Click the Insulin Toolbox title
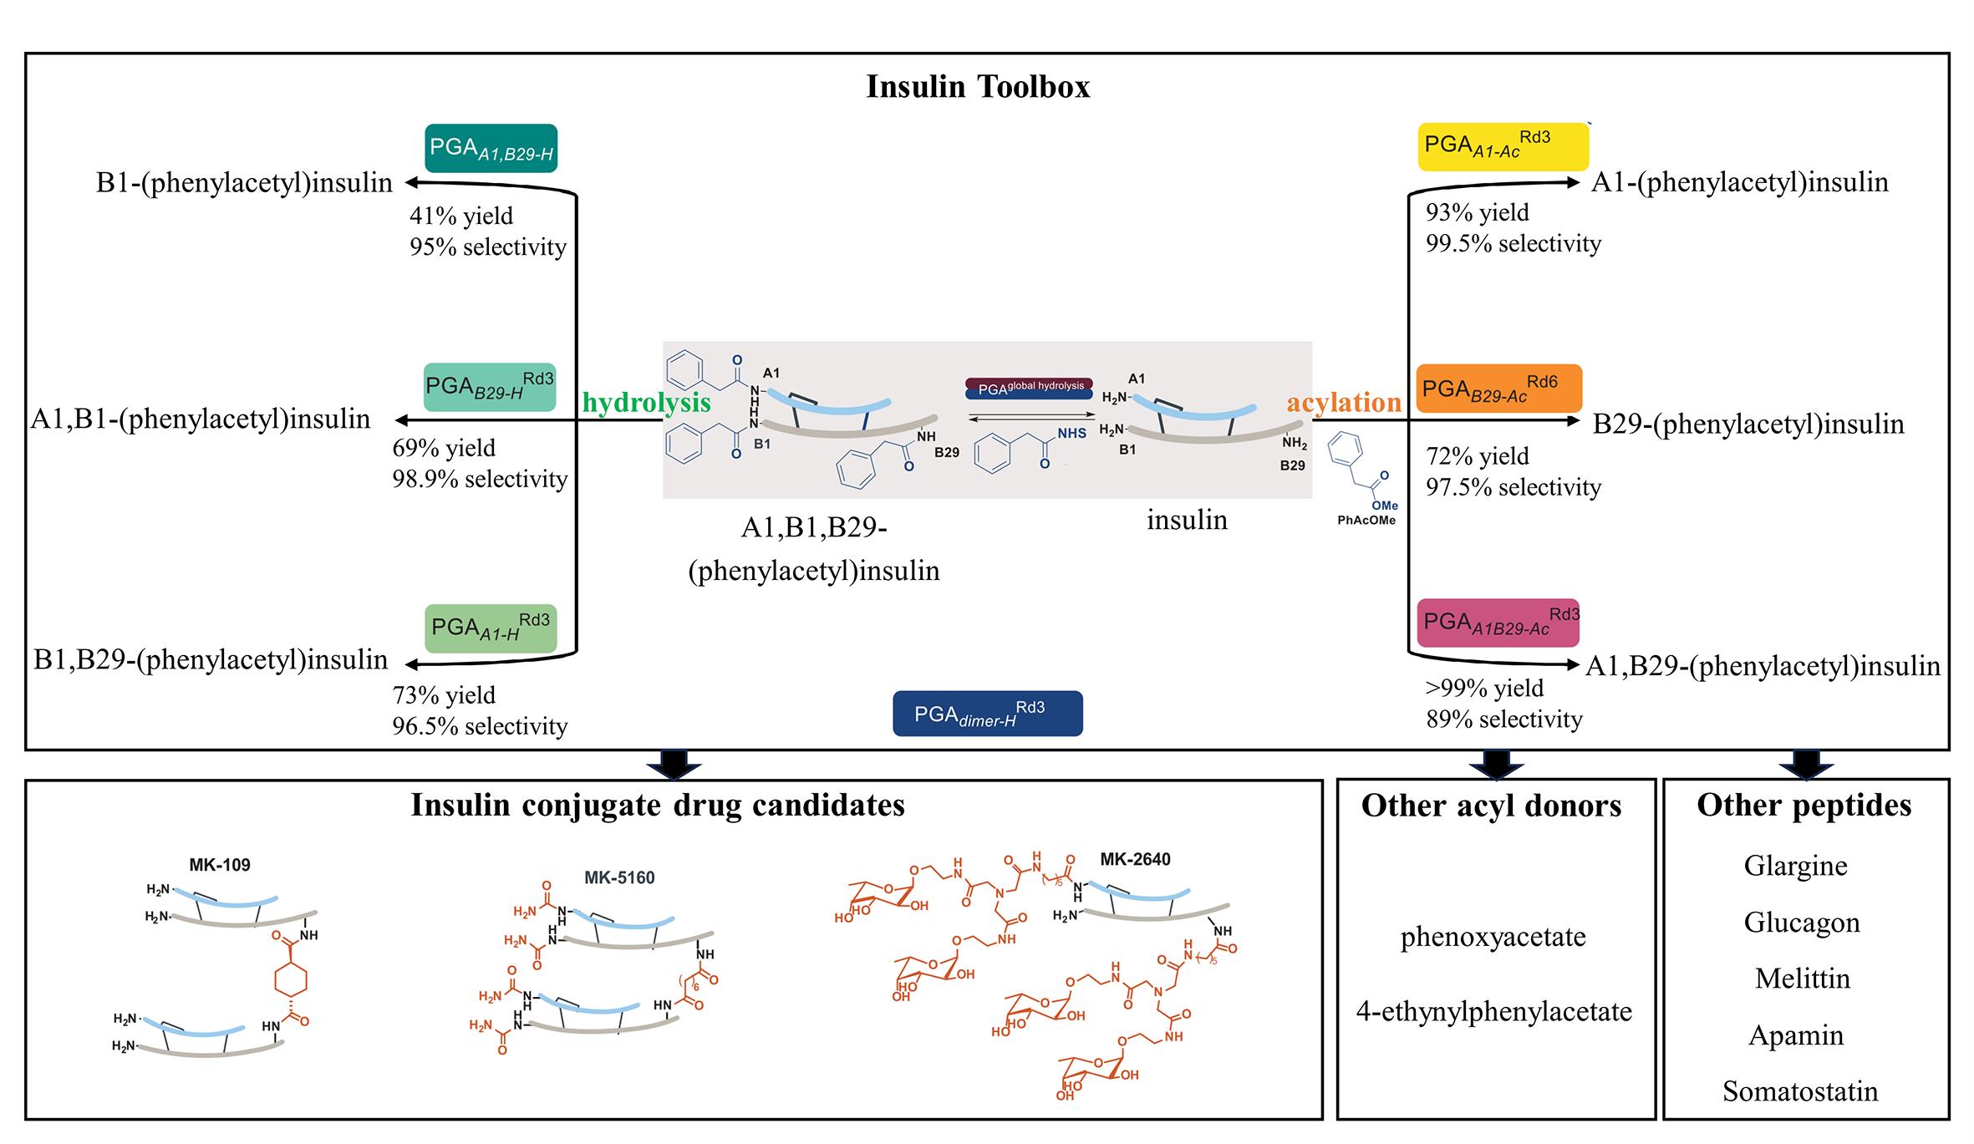coord(978,87)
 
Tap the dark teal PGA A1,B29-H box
coord(491,149)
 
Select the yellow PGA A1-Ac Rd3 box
coord(1503,146)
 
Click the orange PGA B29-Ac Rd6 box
coord(1499,389)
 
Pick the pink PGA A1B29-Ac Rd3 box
coord(1498,623)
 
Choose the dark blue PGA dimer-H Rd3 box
coord(987,714)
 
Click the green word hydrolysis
coord(646,403)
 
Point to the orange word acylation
coord(1344,403)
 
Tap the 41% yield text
coord(461,216)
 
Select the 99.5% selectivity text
coord(1514,244)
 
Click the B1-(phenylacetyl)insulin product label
coord(244,183)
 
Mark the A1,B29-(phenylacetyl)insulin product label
coord(1763,666)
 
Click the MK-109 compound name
coord(220,865)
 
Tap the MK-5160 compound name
coord(619,877)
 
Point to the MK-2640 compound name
coord(1135,859)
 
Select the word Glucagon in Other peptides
coord(1802,923)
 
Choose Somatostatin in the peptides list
coord(1800,1091)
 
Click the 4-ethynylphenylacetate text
coord(1493,1012)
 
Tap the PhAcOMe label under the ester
coord(1366,521)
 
